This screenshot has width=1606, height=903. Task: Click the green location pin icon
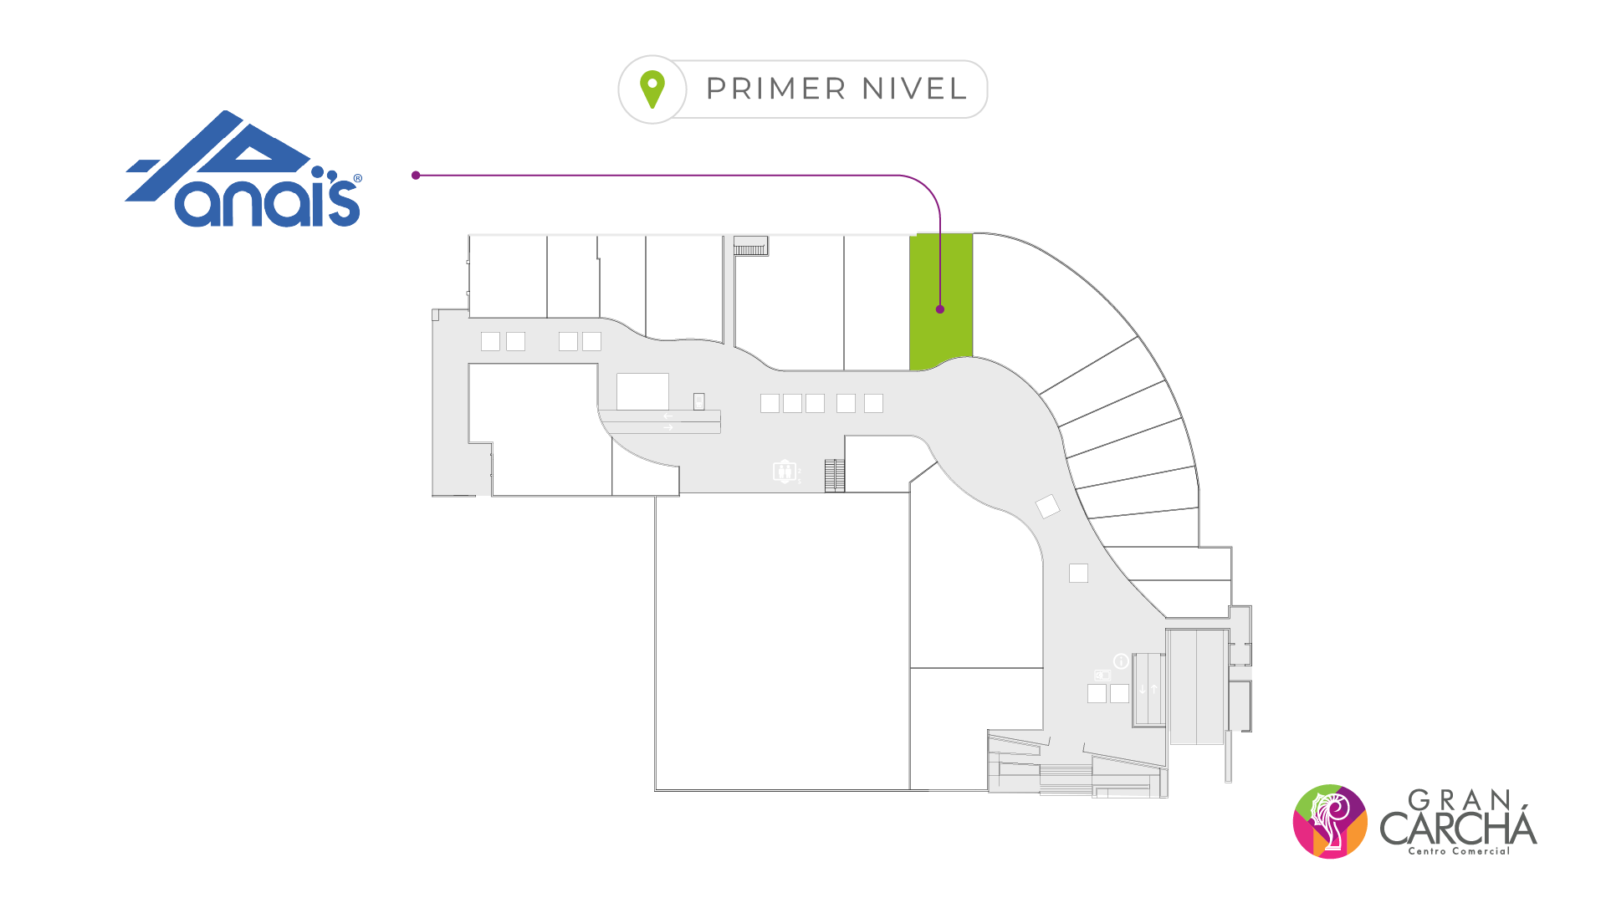(652, 89)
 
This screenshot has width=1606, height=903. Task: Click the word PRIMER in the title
(776, 89)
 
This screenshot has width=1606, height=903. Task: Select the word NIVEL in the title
(914, 89)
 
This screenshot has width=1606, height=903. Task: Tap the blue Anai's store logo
(243, 171)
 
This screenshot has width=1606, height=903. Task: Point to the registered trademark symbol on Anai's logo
(358, 178)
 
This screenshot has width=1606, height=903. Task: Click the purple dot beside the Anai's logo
(416, 176)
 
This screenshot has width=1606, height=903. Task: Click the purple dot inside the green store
(940, 309)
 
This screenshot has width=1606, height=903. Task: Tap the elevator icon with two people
(784, 472)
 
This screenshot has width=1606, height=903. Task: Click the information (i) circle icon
(1121, 661)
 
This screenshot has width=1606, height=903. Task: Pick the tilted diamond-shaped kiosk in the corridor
(1047, 506)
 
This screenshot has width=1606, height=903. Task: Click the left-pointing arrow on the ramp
(667, 416)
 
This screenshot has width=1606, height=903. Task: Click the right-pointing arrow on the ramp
(667, 428)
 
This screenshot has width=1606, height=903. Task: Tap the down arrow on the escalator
(1143, 690)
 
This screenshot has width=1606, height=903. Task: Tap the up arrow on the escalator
(1154, 690)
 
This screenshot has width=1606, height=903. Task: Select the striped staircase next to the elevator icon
(834, 475)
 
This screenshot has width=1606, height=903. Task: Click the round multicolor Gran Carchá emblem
(1330, 821)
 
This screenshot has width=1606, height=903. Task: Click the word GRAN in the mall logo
(1460, 800)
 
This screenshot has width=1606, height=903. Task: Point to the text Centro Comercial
(1459, 851)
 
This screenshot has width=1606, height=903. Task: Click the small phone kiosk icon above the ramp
(698, 401)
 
